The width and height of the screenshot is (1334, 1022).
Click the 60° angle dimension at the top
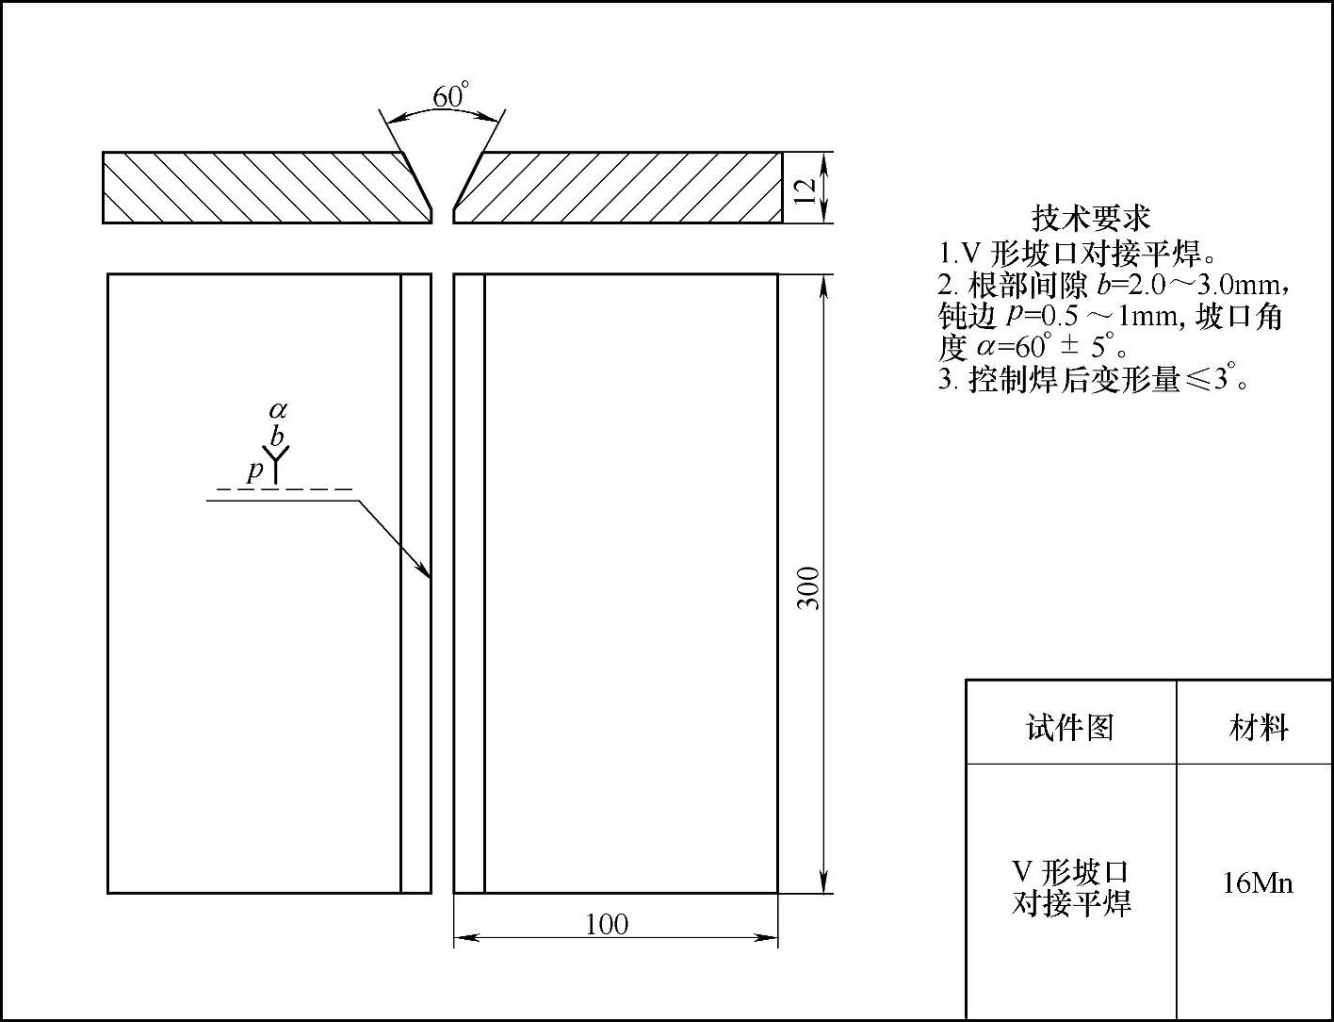pos(449,96)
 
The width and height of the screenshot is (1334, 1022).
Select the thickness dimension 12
pos(804,189)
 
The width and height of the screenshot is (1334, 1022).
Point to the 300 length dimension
pos(808,586)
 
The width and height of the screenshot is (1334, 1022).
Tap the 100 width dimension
pos(606,923)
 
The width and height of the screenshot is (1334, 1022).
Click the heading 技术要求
pos(1091,218)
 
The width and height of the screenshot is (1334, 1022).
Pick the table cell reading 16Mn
pos(1257,883)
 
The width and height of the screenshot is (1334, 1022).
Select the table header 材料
pos(1258,727)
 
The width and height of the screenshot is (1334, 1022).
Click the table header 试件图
pos(1069,727)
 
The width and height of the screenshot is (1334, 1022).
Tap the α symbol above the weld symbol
pos(277,410)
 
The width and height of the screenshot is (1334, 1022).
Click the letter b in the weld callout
pos(276,437)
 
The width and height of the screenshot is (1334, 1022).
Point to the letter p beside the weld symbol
pos(253,470)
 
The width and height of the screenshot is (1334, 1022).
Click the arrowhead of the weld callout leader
pos(426,570)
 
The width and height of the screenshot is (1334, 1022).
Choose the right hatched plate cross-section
pos(622,187)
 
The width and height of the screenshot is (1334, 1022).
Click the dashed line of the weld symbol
pos(284,489)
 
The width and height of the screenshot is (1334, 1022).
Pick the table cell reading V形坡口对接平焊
pos(1070,887)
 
